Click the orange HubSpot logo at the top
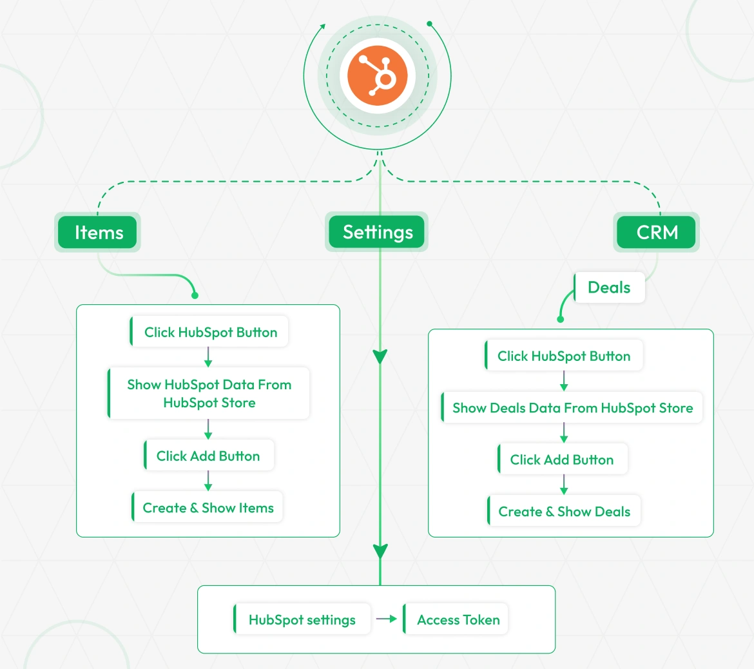378,76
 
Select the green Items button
98,232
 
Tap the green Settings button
377,232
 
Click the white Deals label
609,287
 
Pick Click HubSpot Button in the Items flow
209,332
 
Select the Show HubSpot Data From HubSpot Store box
209,393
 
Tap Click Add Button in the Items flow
209,456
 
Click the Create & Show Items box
208,508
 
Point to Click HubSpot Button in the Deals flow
564,356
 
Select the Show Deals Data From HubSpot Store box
572,408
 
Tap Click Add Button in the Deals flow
563,460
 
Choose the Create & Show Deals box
564,511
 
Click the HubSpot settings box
302,619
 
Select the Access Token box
458,619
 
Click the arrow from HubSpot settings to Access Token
387,619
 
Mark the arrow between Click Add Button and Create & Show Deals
564,485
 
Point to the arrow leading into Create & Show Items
208,481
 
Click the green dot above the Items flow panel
195,295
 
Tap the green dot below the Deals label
561,319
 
